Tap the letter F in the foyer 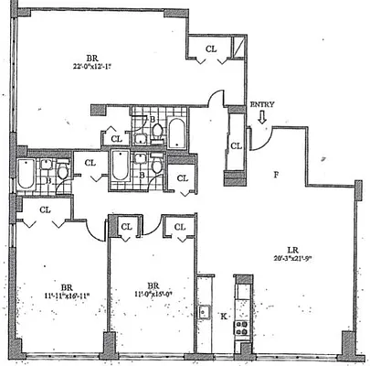click(275, 172)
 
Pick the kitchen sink click(205, 311)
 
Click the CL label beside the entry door click(237, 145)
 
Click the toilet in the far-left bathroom click(63, 171)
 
